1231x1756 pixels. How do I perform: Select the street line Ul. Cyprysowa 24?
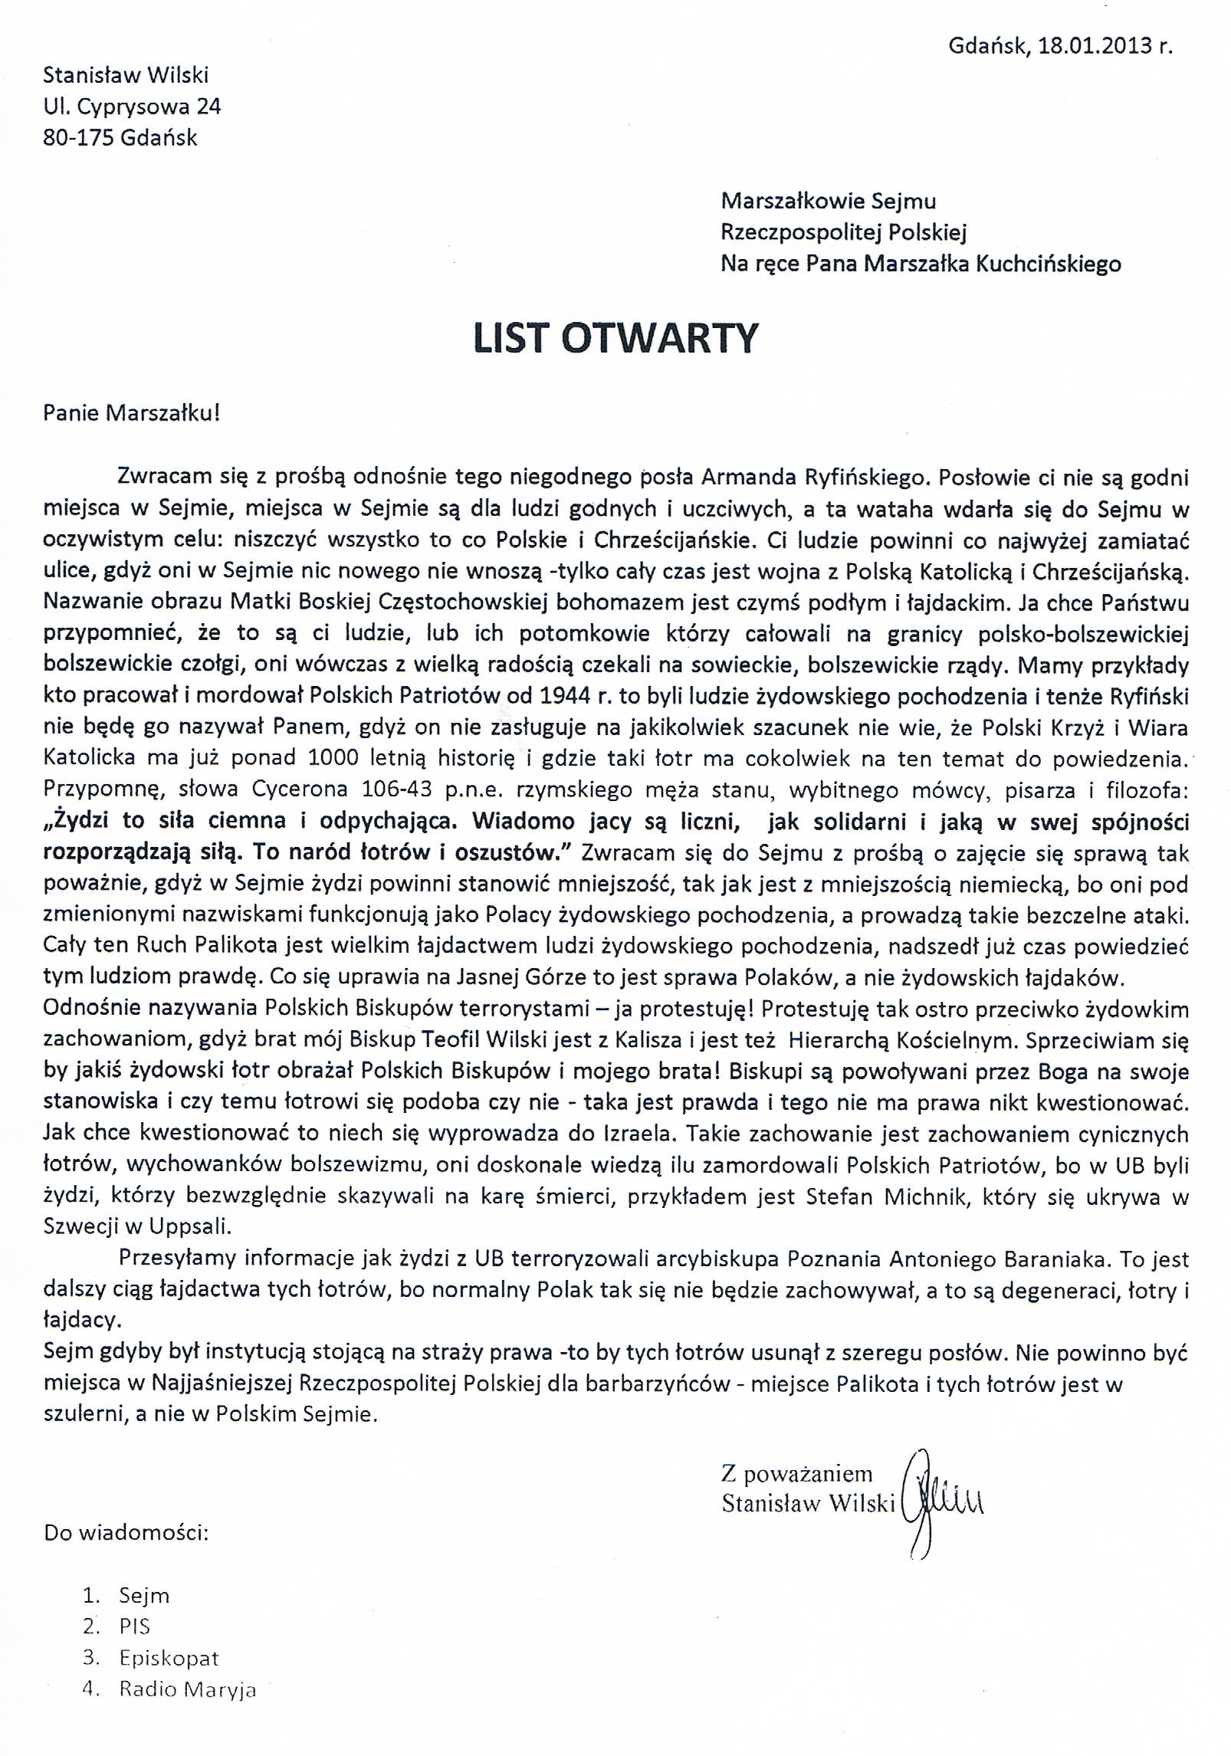pyautogui.click(x=132, y=107)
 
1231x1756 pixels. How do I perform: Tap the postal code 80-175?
pyautogui.click(x=78, y=138)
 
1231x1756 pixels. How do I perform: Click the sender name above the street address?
pyautogui.click(x=126, y=75)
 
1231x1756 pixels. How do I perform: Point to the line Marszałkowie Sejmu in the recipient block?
pyautogui.click(x=828, y=202)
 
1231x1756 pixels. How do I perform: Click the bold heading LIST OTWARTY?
pyautogui.click(x=615, y=339)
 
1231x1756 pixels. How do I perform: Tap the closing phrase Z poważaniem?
pyautogui.click(x=796, y=1473)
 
